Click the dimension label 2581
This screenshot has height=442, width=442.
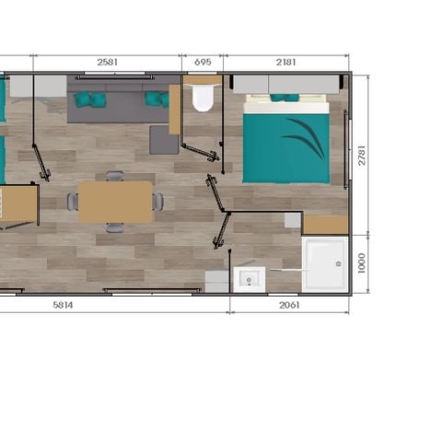pyautogui.click(x=108, y=63)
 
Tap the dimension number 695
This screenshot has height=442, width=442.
pyautogui.click(x=204, y=63)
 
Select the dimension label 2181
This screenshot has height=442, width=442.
pyautogui.click(x=286, y=63)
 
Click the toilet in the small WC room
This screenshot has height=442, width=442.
pyautogui.click(x=203, y=98)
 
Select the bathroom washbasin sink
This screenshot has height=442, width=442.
pyautogui.click(x=249, y=277)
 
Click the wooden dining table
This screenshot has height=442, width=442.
pyautogui.click(x=115, y=201)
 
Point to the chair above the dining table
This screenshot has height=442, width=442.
pyautogui.click(x=114, y=175)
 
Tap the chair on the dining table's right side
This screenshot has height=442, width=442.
pyautogui.click(x=158, y=201)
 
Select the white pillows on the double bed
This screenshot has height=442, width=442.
pyautogui.click(x=285, y=107)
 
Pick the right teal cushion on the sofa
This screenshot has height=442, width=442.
pyautogui.click(x=156, y=99)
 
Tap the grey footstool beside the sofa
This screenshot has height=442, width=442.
pyautogui.click(x=164, y=139)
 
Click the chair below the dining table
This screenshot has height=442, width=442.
pyautogui.click(x=114, y=227)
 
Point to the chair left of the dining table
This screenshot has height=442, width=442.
pyautogui.click(x=72, y=201)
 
